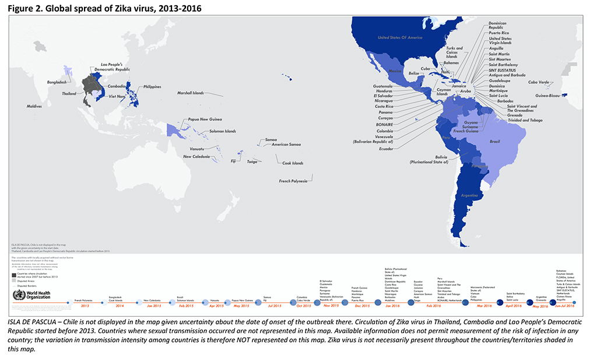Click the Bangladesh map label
pos(59,82)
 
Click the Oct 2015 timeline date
pos(303,306)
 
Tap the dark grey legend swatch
pos(15,274)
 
